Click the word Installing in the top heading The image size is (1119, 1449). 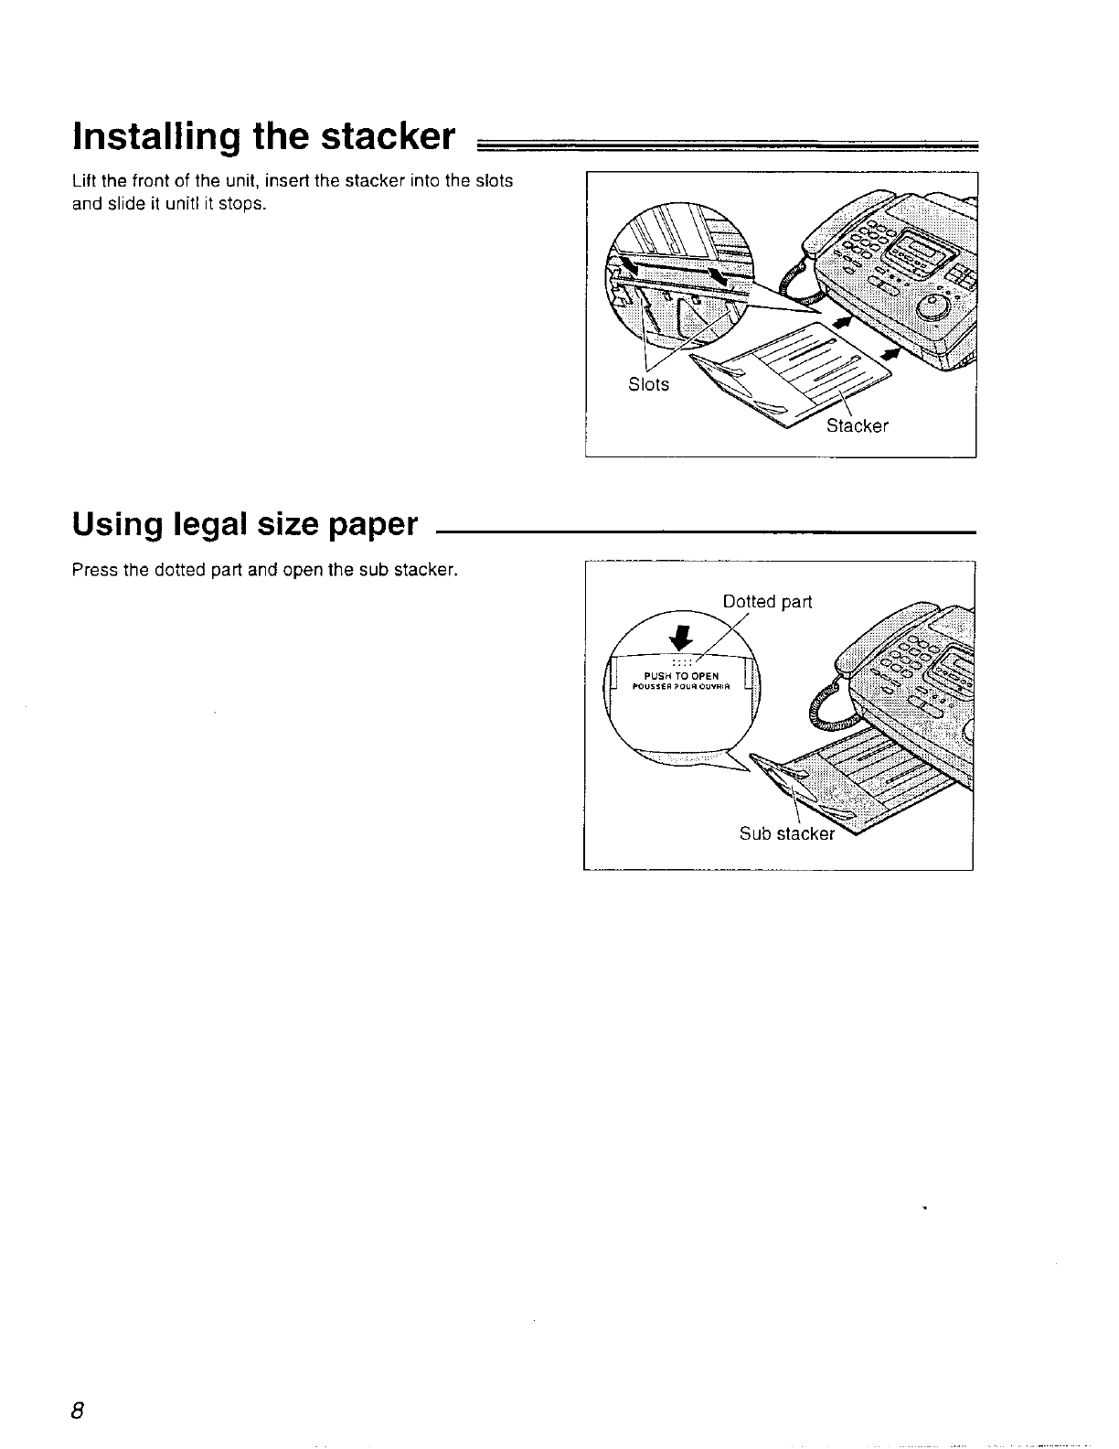(x=155, y=137)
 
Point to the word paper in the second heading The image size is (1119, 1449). (x=368, y=526)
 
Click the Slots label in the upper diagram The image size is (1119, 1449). (x=648, y=384)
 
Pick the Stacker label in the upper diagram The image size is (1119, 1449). (x=857, y=425)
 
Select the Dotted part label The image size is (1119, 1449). (x=767, y=601)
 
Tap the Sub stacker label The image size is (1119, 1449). (x=786, y=833)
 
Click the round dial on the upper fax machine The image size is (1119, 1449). (x=934, y=308)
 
